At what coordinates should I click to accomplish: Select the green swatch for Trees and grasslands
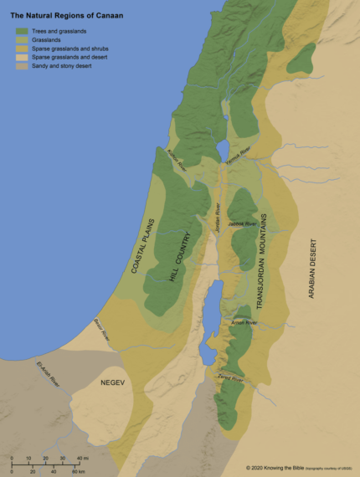click(22, 30)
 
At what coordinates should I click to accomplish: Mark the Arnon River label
click(243, 322)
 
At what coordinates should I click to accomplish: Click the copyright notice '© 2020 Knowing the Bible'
click(281, 468)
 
